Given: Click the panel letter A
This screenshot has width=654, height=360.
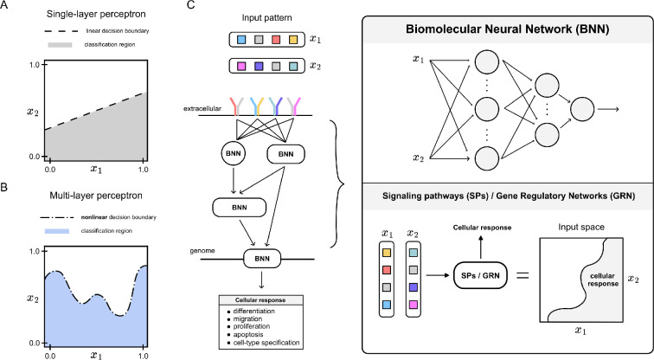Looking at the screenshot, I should [x=5, y=6].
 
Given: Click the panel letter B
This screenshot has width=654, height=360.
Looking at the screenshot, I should [x=5, y=184].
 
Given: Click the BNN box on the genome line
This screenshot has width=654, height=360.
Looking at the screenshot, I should [x=258, y=258].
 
